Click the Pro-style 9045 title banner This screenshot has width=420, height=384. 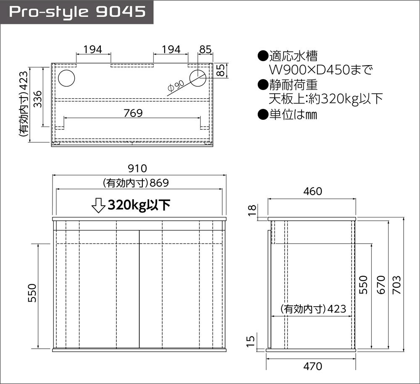pyautogui.click(x=77, y=12)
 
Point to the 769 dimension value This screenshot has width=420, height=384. pyautogui.click(x=133, y=113)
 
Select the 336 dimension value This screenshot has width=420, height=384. pyautogui.click(x=38, y=99)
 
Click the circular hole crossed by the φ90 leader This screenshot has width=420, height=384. pyautogui.click(x=198, y=78)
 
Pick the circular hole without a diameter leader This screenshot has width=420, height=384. pyautogui.click(x=66, y=78)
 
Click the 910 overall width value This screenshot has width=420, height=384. pyautogui.click(x=137, y=168)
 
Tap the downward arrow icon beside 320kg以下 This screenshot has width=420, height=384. pyautogui.click(x=98, y=205)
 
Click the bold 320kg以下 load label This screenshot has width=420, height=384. pyautogui.click(x=139, y=205)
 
